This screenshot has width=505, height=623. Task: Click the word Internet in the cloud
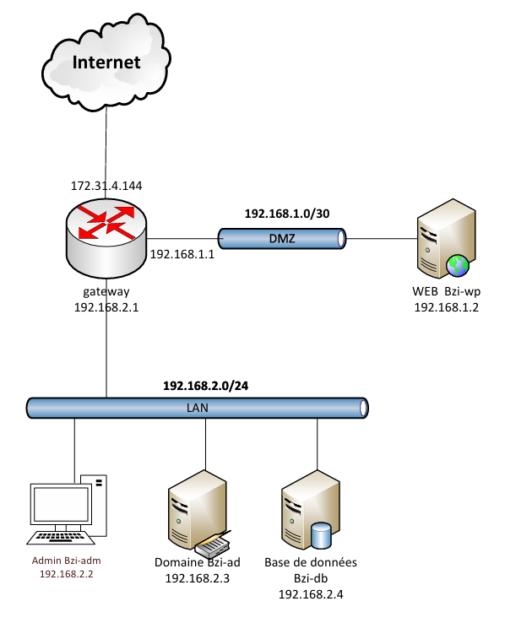(106, 62)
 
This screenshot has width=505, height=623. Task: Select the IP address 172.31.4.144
(106, 186)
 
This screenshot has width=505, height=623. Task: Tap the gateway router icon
(106, 238)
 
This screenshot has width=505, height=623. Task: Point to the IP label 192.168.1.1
(182, 254)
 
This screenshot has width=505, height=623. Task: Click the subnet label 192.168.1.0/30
(287, 214)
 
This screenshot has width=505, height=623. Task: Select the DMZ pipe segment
(282, 238)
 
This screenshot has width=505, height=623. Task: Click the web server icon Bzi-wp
(446, 238)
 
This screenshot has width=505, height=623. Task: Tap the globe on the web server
(458, 266)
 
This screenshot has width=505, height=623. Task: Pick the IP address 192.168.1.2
(446, 307)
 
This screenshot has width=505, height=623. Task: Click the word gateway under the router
(106, 291)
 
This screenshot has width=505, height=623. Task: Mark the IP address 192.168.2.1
(106, 307)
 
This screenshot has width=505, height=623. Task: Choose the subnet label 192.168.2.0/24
(205, 386)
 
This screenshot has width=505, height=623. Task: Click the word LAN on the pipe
(197, 408)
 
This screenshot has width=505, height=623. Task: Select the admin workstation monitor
(61, 505)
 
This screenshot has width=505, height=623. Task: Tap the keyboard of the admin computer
(61, 537)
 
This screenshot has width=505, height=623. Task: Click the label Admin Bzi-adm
(67, 561)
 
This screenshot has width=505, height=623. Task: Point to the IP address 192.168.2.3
(197, 578)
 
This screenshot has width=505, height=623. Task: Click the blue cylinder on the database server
(321, 535)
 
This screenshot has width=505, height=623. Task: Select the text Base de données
(311, 562)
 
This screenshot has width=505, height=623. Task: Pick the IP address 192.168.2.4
(311, 594)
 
